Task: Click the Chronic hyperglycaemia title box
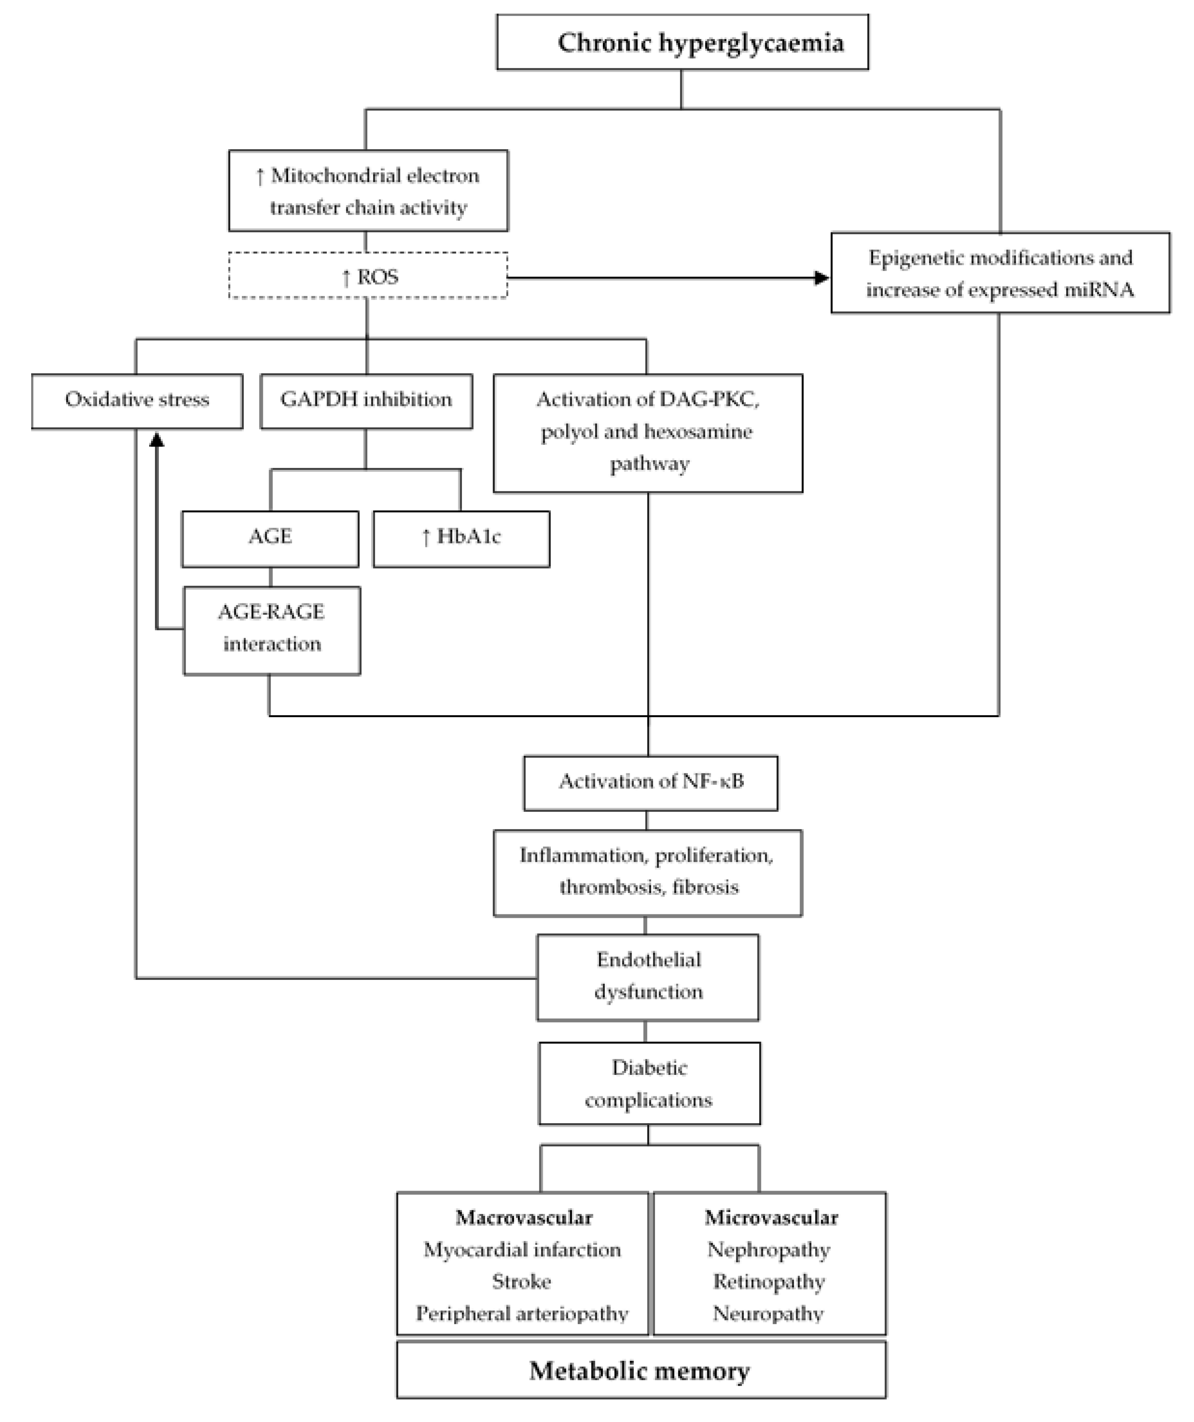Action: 682,42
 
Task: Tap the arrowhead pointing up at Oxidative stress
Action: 157,440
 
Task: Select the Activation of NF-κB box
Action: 650,782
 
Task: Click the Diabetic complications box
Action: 649,1083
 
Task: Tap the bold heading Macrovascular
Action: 523,1217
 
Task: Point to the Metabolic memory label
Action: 640,1371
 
